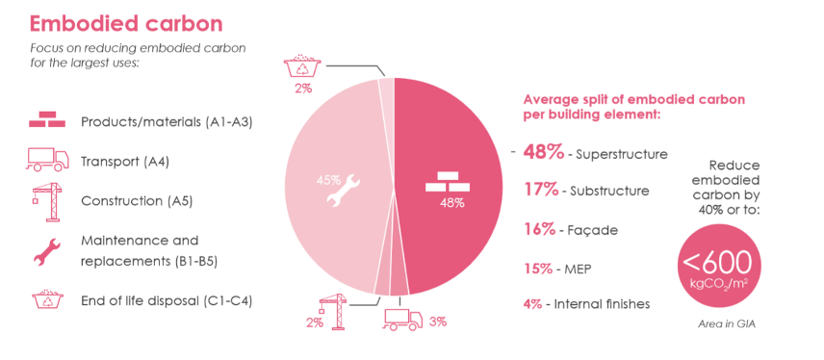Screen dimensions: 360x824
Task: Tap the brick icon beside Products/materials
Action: [46, 122]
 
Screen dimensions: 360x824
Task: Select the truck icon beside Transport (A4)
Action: [46, 161]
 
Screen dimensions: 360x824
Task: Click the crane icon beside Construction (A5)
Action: [44, 200]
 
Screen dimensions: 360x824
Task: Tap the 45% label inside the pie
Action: [328, 178]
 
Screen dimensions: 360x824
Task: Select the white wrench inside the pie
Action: [344, 189]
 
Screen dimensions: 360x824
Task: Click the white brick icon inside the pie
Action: [451, 181]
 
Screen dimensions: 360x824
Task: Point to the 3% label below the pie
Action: [437, 321]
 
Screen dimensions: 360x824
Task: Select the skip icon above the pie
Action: [304, 67]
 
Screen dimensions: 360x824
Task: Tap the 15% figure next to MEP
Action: [539, 268]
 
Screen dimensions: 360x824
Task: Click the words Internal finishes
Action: [602, 304]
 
